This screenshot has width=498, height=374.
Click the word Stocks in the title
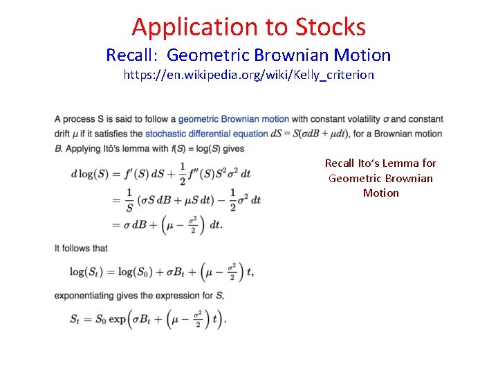331,27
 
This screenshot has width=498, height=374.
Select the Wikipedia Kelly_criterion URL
248,75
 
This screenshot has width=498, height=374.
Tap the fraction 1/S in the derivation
129,199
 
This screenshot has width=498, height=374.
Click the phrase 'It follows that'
81,248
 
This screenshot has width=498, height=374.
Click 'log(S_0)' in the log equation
140,271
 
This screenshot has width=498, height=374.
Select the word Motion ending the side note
380,193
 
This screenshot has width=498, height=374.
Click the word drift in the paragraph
62,134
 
